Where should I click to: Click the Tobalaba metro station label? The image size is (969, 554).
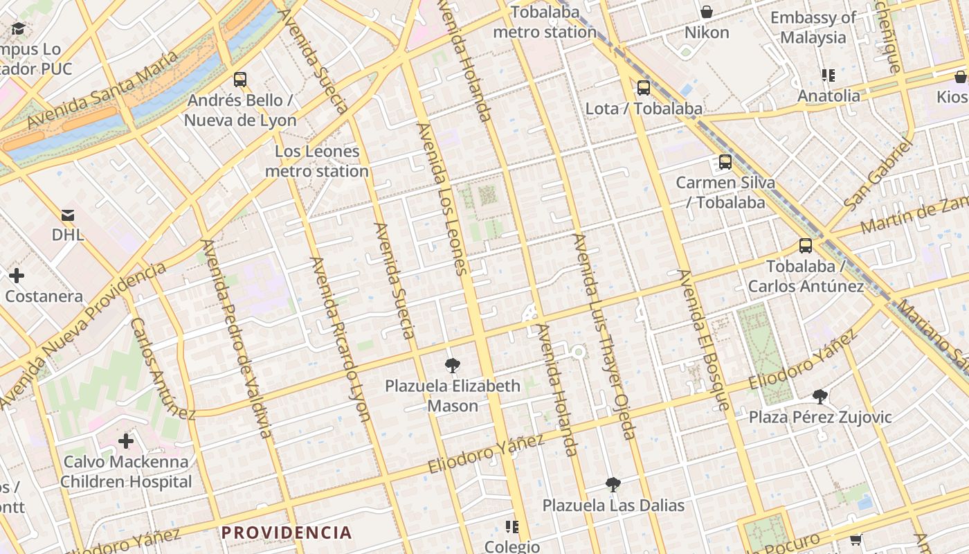(545, 23)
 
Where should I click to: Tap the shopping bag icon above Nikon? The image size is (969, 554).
(707, 12)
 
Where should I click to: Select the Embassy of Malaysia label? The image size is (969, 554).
(813, 28)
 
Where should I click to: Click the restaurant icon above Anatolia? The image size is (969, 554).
(828, 75)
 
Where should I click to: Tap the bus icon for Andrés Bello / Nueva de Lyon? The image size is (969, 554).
(240, 80)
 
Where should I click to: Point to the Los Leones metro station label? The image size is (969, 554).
(317, 161)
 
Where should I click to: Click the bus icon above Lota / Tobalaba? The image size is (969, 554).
(644, 88)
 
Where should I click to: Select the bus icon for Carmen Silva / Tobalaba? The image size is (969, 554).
(725, 162)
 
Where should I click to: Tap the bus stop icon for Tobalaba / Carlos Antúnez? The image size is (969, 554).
(805, 246)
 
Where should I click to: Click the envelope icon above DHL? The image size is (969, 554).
(68, 215)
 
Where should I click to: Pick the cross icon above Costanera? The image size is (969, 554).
(17, 276)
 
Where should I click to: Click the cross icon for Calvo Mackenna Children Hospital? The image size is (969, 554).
(125, 440)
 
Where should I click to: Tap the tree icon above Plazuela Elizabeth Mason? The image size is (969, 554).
(453, 365)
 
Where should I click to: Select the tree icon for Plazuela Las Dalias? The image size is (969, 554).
(613, 485)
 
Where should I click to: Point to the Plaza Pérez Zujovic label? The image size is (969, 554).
(820, 417)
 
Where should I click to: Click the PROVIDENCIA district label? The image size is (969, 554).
(287, 533)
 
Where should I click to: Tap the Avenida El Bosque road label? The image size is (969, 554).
(704, 339)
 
